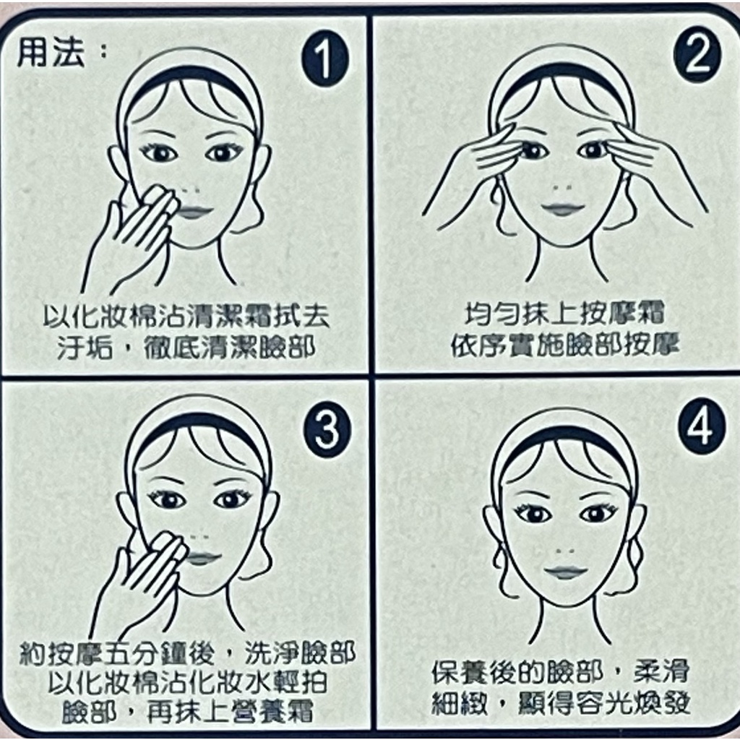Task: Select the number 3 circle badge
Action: (x=327, y=431)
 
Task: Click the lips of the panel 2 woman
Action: (x=562, y=209)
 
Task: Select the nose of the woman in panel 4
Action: (x=565, y=551)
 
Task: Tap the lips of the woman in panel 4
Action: (x=566, y=572)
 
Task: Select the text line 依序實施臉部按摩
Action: (x=564, y=346)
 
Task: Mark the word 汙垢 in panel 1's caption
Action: (x=85, y=348)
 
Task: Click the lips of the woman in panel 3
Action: (x=201, y=559)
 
